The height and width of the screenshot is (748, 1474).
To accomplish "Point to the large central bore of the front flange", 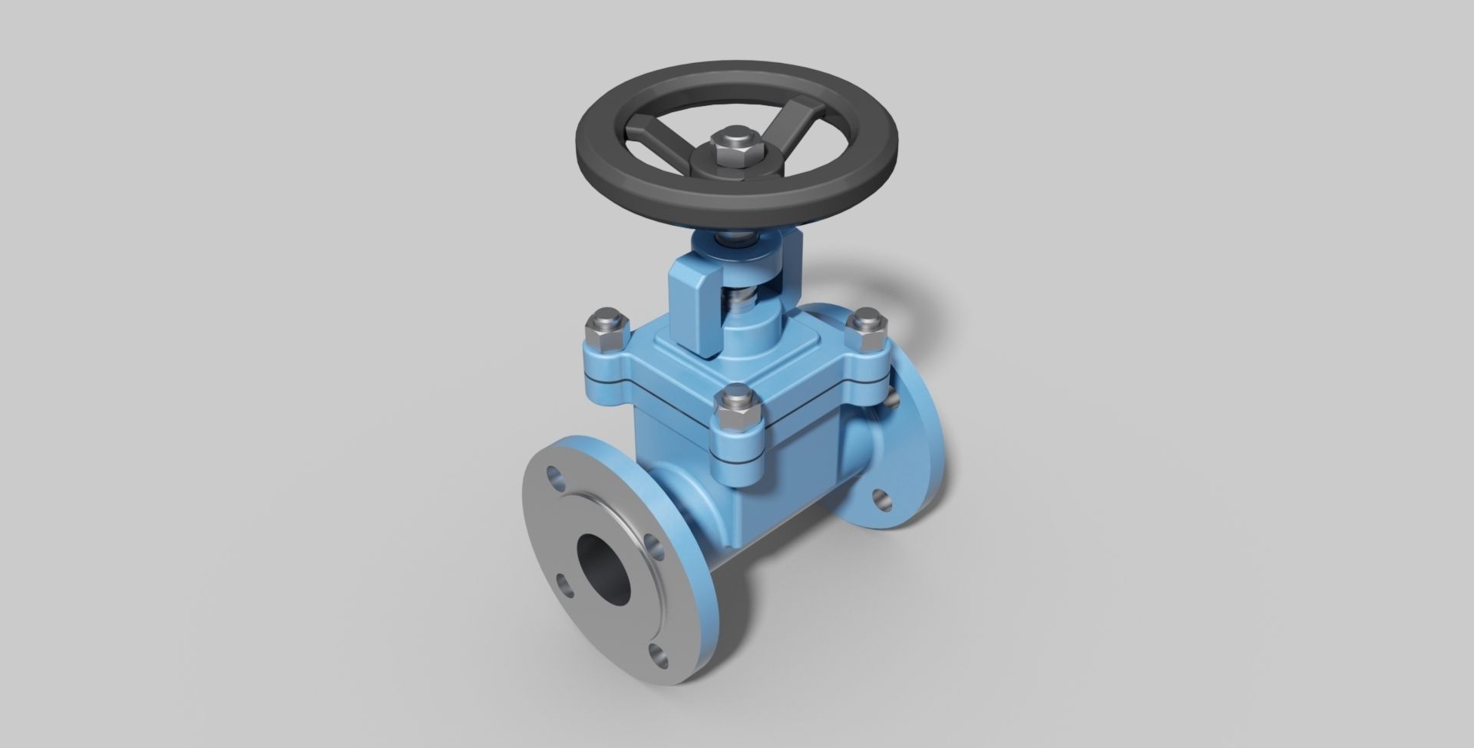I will click(603, 566).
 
